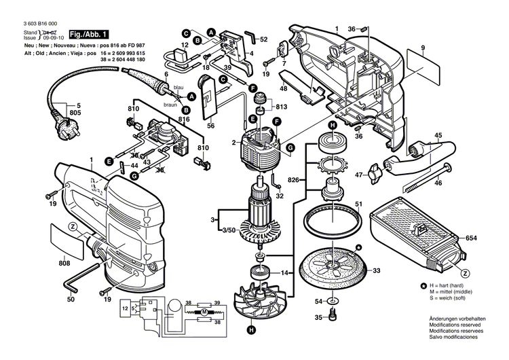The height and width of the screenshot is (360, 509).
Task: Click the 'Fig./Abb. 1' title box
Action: [90, 34]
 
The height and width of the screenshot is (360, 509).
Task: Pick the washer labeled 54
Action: [331, 300]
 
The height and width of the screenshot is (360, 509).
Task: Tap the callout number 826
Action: [293, 179]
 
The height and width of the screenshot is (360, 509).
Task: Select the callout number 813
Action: [280, 106]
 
